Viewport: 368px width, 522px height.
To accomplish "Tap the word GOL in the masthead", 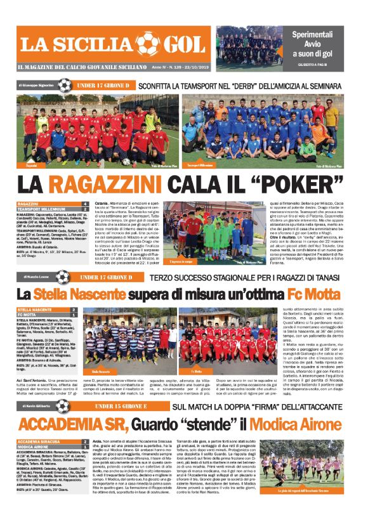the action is (183, 44).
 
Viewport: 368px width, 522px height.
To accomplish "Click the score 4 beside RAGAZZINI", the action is (86, 204).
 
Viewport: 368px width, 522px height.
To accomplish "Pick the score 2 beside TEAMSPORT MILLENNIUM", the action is (86, 209).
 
